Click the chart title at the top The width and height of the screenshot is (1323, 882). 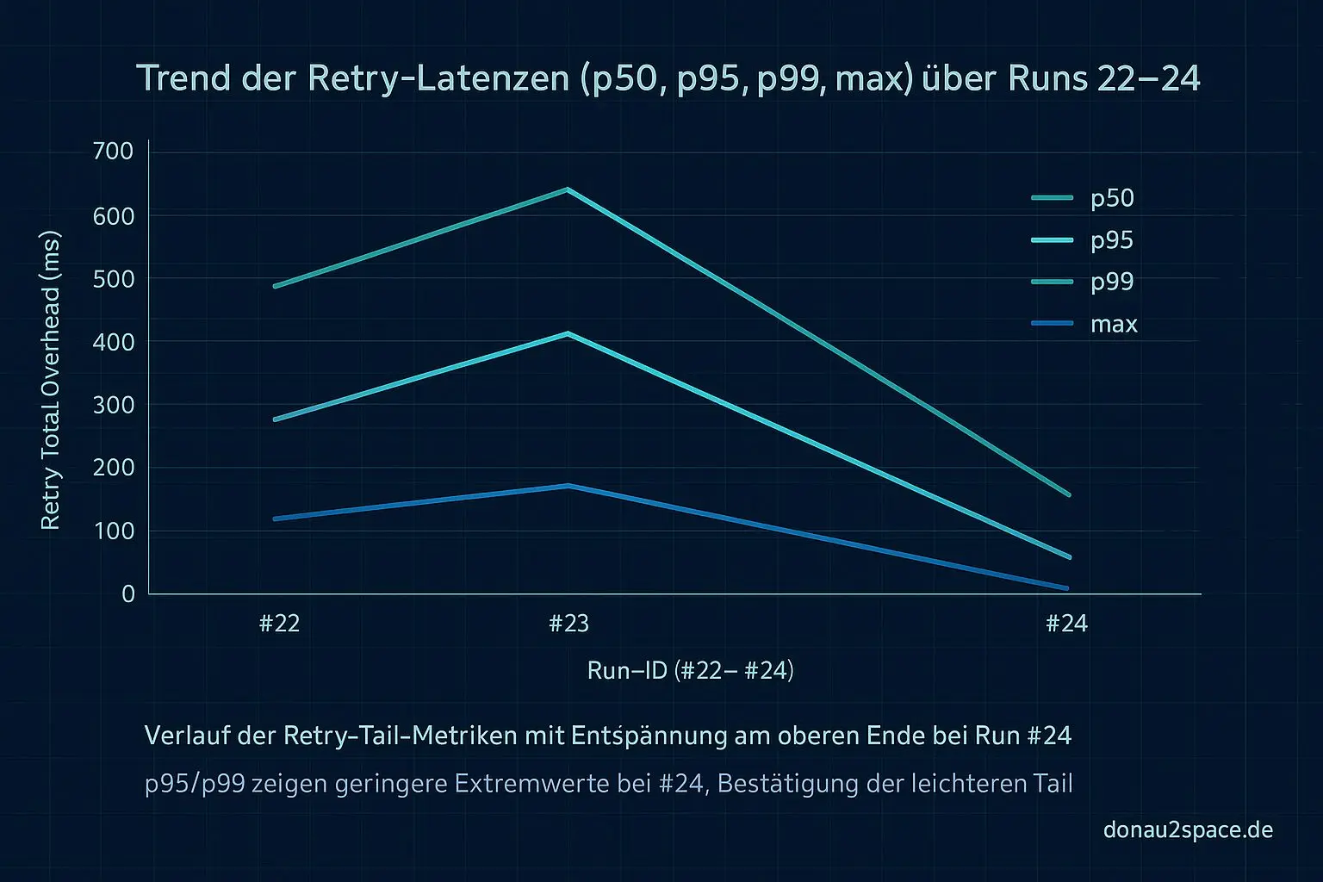(668, 78)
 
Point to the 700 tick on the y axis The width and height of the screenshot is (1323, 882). (113, 152)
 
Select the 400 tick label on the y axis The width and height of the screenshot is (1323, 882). (113, 342)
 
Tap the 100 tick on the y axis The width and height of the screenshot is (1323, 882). (113, 531)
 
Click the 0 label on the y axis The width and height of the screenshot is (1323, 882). (128, 593)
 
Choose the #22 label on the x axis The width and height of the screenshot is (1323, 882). (279, 624)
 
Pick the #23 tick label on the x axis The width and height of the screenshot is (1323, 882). (568, 624)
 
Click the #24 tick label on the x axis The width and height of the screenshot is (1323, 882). (1066, 624)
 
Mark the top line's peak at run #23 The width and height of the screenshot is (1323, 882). (567, 189)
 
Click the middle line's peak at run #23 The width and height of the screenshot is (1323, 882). (567, 333)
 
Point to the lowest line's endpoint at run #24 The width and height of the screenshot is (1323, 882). (1067, 588)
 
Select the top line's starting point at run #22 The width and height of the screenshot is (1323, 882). (275, 286)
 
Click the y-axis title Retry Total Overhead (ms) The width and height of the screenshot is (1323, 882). (51, 380)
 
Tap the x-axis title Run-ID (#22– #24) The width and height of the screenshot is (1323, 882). (690, 671)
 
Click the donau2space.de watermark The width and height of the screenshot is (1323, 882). (1188, 830)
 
